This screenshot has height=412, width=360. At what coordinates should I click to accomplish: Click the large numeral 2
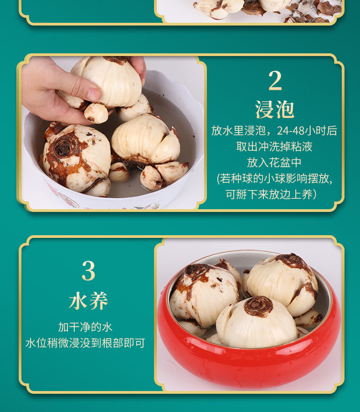pos(275,81)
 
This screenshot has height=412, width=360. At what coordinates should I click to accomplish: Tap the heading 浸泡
pos(275,109)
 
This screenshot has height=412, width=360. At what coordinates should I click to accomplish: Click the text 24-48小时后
pos(307,131)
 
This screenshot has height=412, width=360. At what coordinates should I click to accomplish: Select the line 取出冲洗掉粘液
pos(274,147)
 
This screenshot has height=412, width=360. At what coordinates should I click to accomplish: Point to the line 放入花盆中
pos(274,162)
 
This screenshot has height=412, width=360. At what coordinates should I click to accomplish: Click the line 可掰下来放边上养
pos(272,195)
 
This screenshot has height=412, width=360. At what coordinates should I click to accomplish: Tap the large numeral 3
pos(88,271)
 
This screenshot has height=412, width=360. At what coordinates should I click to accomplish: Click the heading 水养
pos(88,301)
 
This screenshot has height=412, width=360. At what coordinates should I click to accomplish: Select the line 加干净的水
pos(85,327)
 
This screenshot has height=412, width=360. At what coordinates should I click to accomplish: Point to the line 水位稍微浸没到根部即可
pos(85,343)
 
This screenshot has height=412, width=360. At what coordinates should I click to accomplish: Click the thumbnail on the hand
pos(94,94)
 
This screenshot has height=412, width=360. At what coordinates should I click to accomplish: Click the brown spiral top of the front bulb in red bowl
pos(258,306)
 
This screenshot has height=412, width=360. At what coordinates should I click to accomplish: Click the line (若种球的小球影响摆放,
pos(275,179)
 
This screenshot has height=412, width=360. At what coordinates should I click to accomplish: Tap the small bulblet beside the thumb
pos(96,113)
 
